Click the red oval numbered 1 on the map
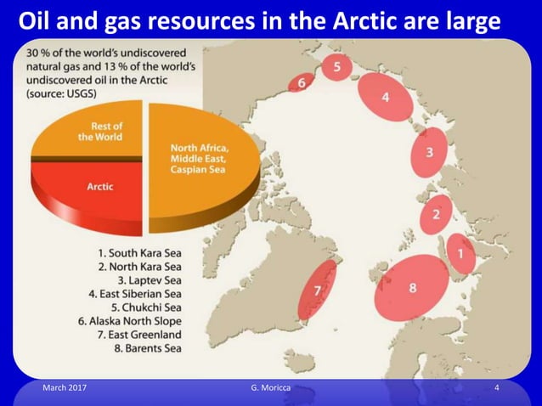[x=460, y=253]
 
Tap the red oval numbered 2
[x=436, y=213]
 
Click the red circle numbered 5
[x=337, y=66]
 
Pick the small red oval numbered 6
[x=300, y=82]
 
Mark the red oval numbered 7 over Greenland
[x=318, y=290]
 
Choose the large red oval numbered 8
[x=413, y=287]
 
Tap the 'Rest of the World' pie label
[x=100, y=132]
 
